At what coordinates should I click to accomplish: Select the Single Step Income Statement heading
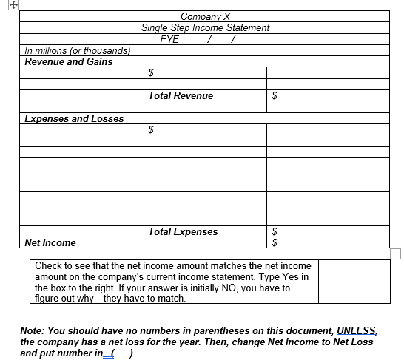205,27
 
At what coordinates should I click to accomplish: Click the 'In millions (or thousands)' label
78,50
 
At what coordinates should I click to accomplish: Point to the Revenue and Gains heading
69,61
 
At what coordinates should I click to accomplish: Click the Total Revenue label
181,95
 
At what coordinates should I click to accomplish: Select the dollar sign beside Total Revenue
275,95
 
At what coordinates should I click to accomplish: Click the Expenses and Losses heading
74,118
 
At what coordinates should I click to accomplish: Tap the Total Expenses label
183,231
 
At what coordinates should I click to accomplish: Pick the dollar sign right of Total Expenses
275,231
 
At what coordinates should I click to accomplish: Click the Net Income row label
50,242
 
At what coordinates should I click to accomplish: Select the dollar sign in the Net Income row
275,242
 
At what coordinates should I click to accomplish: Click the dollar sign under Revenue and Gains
152,73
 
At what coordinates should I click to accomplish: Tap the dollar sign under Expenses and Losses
152,129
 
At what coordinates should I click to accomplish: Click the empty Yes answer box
353,281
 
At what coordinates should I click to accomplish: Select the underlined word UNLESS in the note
357,330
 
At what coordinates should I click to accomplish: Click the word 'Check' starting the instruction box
48,265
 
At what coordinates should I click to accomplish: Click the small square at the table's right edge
395,254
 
